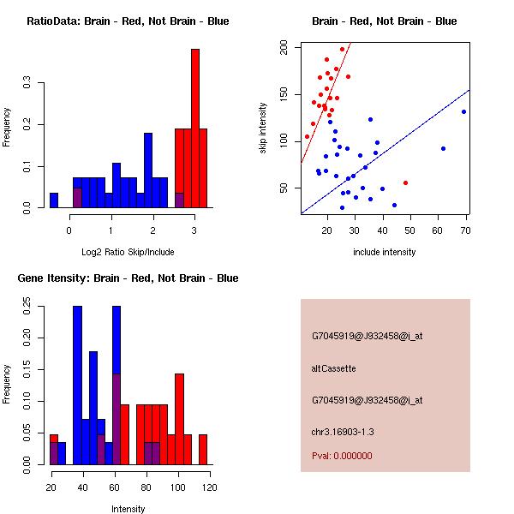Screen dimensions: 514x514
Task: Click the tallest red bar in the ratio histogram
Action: coord(195,128)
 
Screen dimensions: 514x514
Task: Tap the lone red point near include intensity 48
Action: coord(405,182)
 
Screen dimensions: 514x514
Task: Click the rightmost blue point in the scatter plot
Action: coord(463,111)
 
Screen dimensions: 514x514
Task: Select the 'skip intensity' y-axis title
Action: coord(263,128)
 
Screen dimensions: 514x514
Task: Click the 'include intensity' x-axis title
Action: coord(384,252)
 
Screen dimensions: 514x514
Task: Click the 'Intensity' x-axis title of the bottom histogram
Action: coord(128,509)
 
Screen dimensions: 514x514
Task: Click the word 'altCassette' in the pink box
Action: coord(334,368)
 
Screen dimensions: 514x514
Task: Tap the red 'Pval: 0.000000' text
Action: coord(342,456)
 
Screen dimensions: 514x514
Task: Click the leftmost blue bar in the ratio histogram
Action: coord(54,200)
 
